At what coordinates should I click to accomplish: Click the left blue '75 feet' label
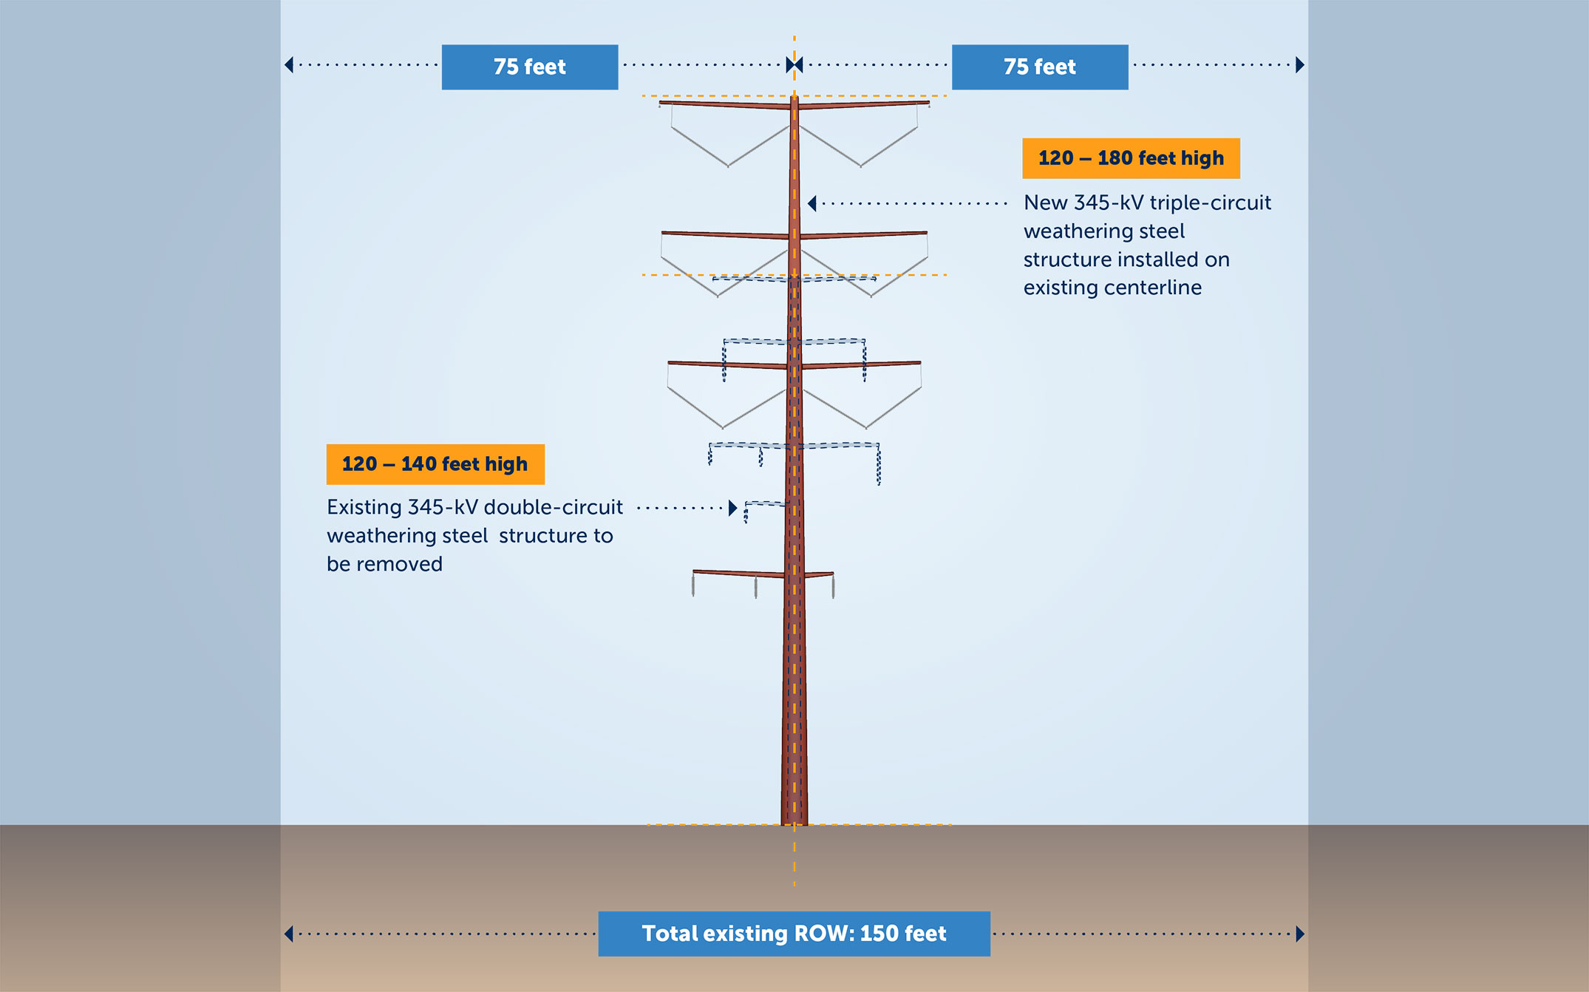coord(529,67)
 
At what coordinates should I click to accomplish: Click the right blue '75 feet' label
coord(1039,67)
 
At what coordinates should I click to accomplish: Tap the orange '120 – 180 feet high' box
coord(1131,158)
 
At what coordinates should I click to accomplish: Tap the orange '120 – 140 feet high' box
coord(435,464)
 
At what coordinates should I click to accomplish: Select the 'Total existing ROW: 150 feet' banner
coord(794,934)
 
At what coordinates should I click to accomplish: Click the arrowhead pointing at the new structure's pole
coord(812,203)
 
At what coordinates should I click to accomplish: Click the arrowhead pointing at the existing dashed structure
coord(732,508)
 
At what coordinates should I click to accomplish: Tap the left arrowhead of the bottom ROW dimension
coord(289,934)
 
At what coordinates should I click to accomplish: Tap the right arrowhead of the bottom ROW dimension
coord(1300,934)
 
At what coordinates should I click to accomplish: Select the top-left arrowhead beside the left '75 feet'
coord(289,65)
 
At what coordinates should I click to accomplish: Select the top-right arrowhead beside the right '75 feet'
coord(1300,65)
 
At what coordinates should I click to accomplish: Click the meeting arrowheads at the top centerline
coord(794,65)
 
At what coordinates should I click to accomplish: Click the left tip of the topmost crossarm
coord(661,103)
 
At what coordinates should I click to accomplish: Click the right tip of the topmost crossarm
coord(928,103)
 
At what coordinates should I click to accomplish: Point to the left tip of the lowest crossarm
coord(694,571)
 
